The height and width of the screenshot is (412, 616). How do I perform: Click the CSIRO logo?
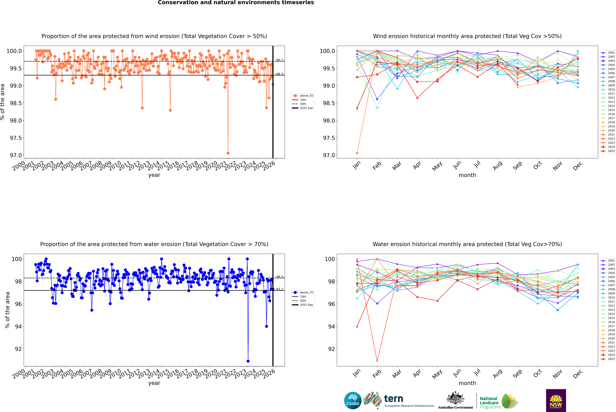pyautogui.click(x=353, y=400)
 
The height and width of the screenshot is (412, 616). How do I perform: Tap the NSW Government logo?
pyautogui.click(x=556, y=400)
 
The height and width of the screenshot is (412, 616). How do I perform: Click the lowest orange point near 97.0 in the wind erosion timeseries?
pyautogui.click(x=228, y=153)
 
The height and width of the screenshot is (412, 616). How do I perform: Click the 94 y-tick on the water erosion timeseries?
pyautogui.click(x=18, y=327)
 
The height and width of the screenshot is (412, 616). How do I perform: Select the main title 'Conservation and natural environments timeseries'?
pyautogui.click(x=236, y=3)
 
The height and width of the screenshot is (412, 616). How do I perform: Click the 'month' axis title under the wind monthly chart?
pyautogui.click(x=467, y=175)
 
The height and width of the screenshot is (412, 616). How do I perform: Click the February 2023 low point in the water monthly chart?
pyautogui.click(x=377, y=361)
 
